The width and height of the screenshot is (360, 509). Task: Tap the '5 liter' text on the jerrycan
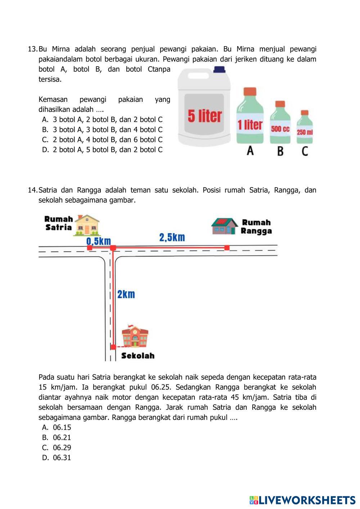coord(204,116)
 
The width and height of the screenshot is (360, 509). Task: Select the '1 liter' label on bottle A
coord(250,125)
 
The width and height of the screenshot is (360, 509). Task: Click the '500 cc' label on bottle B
coord(280,129)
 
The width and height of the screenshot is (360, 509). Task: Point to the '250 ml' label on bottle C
coord(305,132)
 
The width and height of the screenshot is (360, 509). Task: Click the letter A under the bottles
coord(250,151)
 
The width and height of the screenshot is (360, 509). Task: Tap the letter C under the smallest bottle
coord(305,151)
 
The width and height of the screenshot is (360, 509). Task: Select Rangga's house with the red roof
coord(225,226)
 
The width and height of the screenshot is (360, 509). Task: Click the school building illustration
coord(135,337)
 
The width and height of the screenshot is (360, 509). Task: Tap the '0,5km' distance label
coord(99,241)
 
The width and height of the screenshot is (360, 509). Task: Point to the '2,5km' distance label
coord(172,237)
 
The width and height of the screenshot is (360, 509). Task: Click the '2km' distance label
coord(126,294)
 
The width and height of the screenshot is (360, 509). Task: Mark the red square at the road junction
coord(113,248)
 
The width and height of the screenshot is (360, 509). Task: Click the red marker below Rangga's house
coord(227,247)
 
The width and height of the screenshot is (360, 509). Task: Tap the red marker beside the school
coord(113,347)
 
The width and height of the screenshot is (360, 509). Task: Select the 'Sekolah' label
coord(138,356)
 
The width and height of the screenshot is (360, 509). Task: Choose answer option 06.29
coord(62,447)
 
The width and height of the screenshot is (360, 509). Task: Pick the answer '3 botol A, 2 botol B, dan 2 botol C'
coord(108,120)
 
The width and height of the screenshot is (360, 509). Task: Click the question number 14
coord(32,190)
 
